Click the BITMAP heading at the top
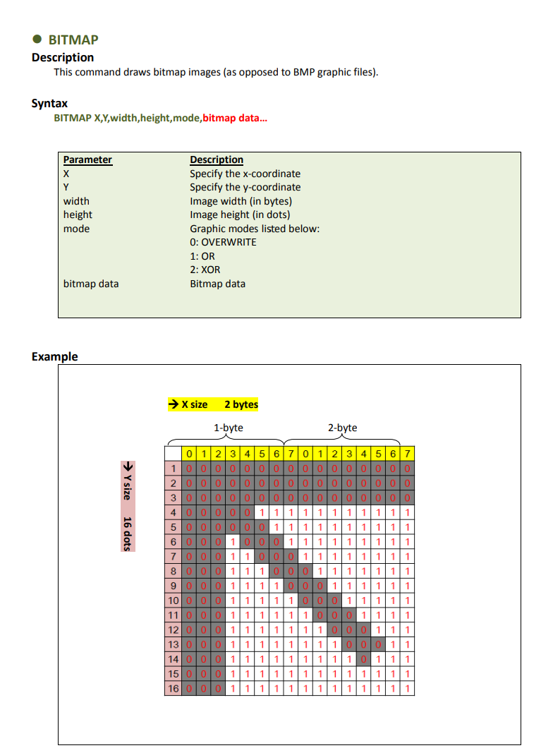pos(73,40)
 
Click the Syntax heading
pos(49,103)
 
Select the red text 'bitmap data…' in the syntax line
pos(235,117)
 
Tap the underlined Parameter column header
pos(87,159)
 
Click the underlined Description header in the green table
pos(217,159)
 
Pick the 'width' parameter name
pos(76,201)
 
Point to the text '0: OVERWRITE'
pos(223,242)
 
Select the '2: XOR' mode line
pos(205,270)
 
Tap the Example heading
pos(54,356)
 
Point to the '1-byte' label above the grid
pos(229,428)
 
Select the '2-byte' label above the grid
pos(343,428)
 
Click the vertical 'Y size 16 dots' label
pos(128,507)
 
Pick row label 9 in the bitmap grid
pos(173,585)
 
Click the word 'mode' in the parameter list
pos(76,229)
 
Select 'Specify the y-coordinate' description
pos(245,187)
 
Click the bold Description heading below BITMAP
pos(63,57)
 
